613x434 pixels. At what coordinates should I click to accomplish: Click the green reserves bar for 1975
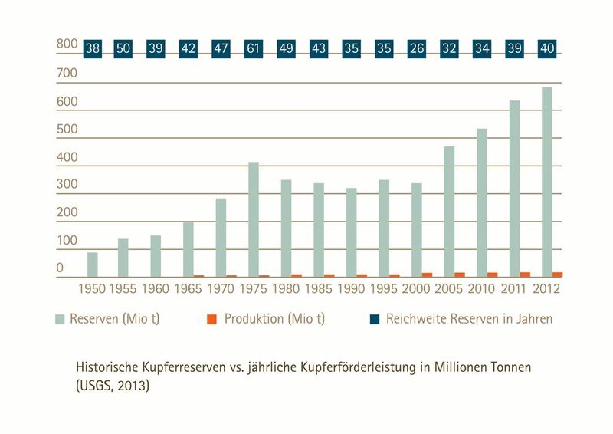point(253,219)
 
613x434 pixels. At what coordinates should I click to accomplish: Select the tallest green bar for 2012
point(546,182)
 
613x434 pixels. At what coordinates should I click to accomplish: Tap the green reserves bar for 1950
point(92,265)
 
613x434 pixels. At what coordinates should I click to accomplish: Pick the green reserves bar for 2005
point(449,212)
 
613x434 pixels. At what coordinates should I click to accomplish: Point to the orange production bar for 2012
point(557,274)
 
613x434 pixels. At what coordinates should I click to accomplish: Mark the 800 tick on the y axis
point(67,44)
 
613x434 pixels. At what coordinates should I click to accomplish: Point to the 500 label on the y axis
point(67,129)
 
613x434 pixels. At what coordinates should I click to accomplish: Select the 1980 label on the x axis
point(286,291)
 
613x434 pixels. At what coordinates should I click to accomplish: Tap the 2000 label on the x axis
point(416,291)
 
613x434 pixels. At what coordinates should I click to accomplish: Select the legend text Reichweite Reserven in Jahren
point(469,319)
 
